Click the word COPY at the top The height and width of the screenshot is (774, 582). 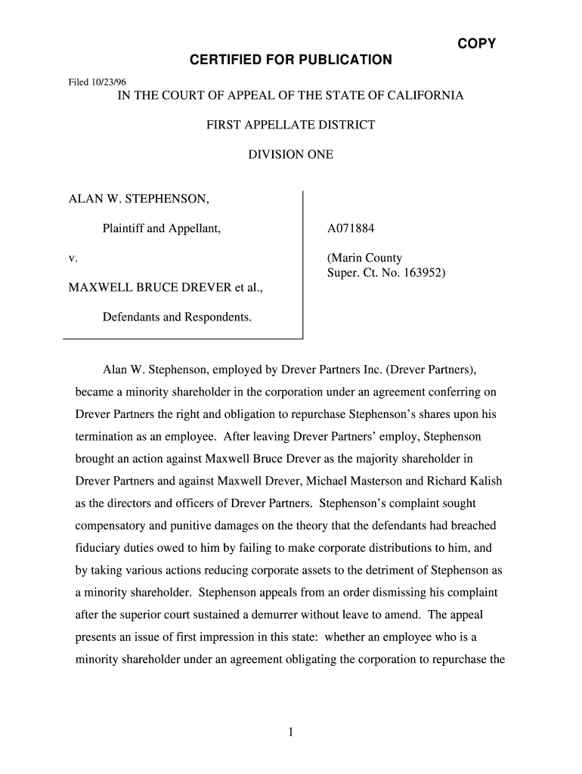tap(476, 43)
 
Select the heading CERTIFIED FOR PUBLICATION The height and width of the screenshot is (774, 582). tap(291, 60)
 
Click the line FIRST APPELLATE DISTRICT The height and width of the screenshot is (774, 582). tap(290, 125)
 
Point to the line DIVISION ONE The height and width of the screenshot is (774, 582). tap(290, 155)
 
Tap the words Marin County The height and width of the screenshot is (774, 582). tap(364, 259)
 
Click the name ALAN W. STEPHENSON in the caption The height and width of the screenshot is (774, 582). tap(139, 200)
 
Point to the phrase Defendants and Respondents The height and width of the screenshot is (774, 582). tap(177, 317)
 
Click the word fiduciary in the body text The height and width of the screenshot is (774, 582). tap(100, 548)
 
